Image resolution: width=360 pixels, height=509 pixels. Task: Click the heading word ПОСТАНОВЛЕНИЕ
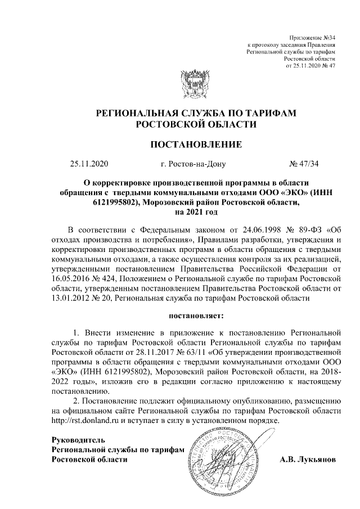[195, 145]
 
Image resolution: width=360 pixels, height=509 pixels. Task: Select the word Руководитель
[78, 439]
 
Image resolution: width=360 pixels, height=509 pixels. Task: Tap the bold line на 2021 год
[195, 212]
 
